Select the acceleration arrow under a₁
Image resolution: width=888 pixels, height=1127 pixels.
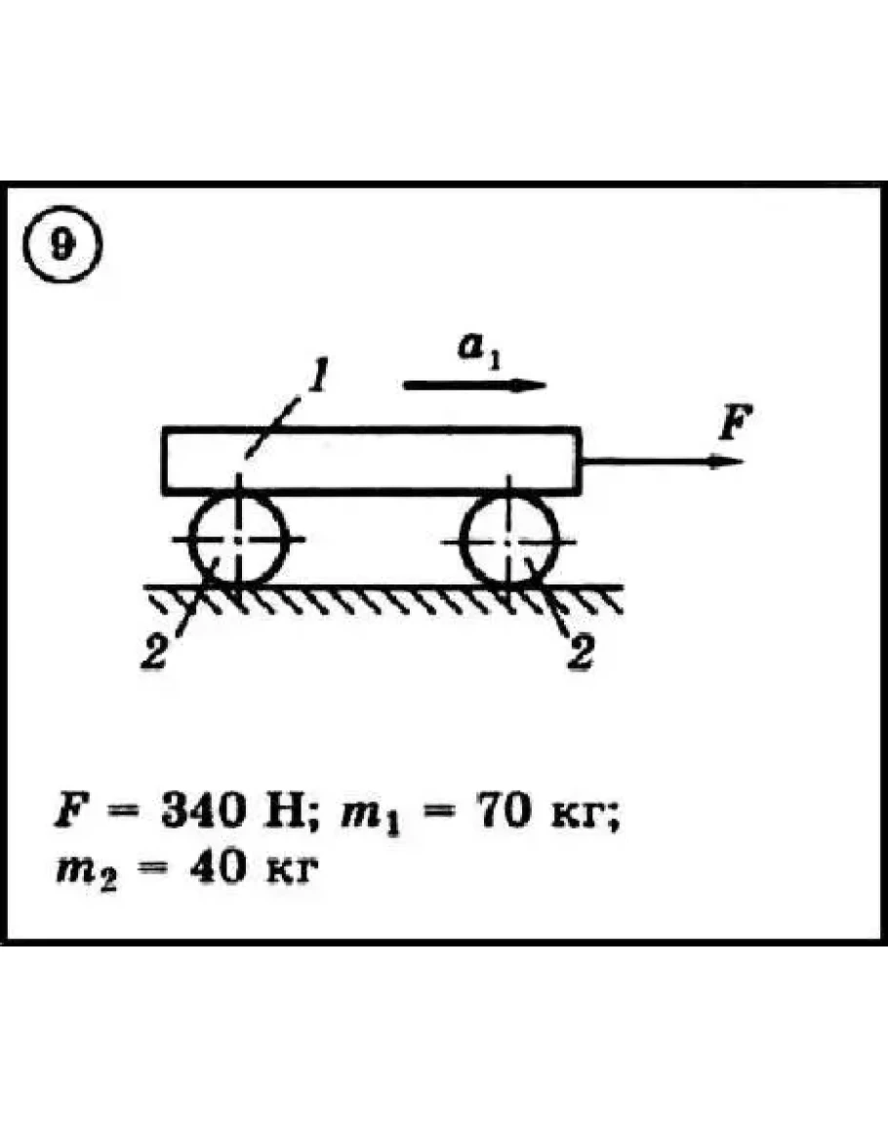[474, 384]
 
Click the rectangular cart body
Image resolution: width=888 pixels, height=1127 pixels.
[371, 461]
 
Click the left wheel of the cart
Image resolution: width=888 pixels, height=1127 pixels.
[237, 539]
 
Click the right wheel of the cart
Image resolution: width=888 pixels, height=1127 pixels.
[509, 539]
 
